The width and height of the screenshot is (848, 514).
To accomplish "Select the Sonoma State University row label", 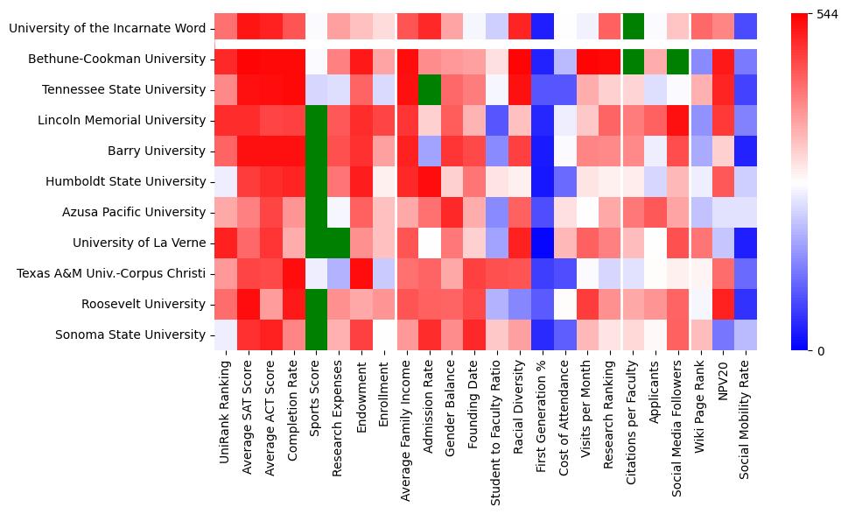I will click(131, 334).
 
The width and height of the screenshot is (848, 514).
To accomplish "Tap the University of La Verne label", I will click(139, 243).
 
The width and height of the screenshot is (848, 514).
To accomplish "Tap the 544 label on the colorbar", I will click(827, 14).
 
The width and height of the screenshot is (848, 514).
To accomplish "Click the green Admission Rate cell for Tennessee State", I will click(430, 89).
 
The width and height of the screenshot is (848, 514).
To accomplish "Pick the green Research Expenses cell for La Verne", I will click(339, 243).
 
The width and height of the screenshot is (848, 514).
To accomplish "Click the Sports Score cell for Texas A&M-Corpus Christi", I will click(316, 273).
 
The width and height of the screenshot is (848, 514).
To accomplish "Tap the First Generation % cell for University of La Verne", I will click(543, 243).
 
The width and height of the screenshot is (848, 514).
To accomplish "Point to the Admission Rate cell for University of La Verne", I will click(430, 243).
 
